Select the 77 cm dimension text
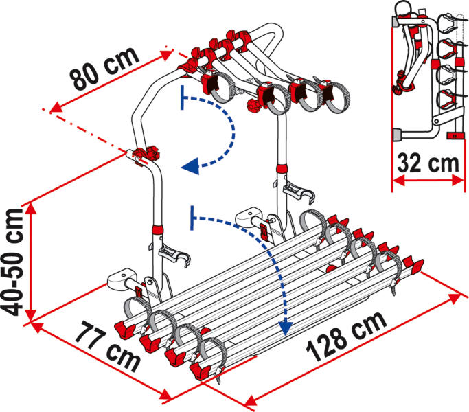(108, 347)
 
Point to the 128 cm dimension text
(346, 336)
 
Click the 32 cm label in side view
(428, 163)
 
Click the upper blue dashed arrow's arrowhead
(190, 166)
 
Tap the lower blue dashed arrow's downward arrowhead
(285, 328)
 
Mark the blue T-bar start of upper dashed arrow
(182, 98)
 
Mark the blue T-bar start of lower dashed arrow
(192, 218)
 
